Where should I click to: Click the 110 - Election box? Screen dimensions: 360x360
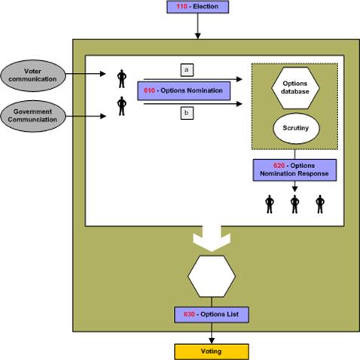[x=198, y=7]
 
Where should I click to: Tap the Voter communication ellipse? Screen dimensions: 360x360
[x=33, y=75]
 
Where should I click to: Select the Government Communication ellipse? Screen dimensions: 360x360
[x=33, y=116]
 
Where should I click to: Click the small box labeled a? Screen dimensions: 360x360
[x=187, y=70]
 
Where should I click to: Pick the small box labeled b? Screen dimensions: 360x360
[x=187, y=113]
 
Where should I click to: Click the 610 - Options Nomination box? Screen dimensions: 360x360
[x=184, y=90]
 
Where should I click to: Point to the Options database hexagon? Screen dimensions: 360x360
[x=295, y=87]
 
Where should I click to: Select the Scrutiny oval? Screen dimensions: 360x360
[x=296, y=128]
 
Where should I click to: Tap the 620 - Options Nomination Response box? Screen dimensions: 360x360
[x=294, y=170]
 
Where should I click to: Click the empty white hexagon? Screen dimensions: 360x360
[x=212, y=276]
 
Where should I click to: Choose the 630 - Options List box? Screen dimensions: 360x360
[x=212, y=315]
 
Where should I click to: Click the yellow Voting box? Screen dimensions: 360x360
[x=212, y=352]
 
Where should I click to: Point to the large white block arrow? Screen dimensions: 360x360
[x=212, y=239]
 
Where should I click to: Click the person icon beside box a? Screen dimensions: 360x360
[x=122, y=78]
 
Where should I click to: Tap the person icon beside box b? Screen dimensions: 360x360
[x=122, y=106]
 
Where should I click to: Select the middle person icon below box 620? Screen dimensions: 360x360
[x=294, y=204]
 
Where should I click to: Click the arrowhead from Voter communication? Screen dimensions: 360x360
[x=102, y=74]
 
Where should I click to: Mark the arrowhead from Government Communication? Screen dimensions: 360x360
[x=102, y=116]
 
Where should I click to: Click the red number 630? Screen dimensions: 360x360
[x=189, y=314]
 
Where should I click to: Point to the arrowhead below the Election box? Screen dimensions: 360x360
[x=198, y=36]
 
